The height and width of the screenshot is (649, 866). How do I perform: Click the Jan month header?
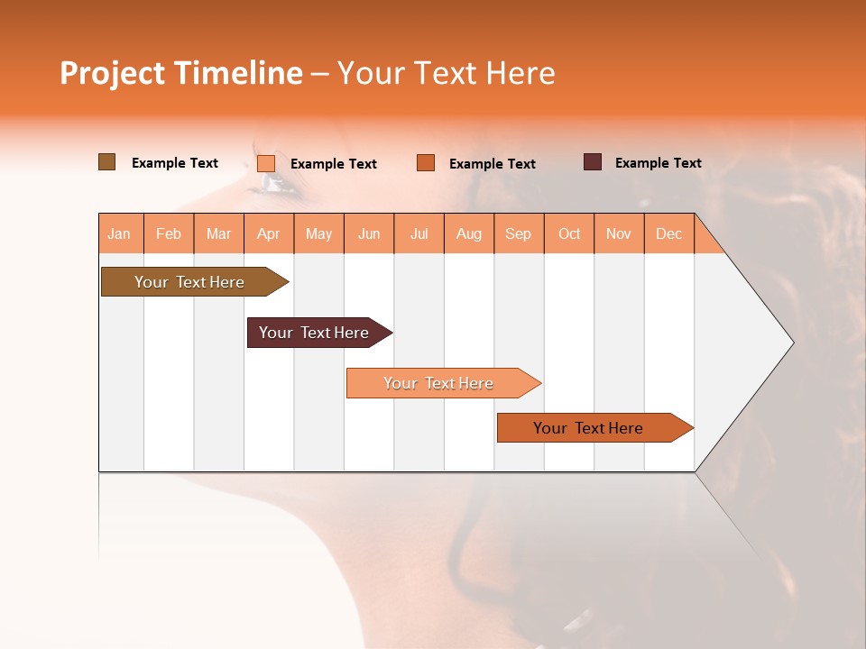(119, 234)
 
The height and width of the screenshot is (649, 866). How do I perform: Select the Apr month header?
(268, 234)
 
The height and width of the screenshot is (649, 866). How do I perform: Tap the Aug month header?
(468, 234)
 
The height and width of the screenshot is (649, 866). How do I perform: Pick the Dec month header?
(668, 234)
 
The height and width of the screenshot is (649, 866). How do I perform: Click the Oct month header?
(569, 234)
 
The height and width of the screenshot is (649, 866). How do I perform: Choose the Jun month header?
(368, 234)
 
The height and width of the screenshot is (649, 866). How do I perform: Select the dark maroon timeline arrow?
(316, 333)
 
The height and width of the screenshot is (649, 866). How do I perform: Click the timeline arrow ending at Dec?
(591, 428)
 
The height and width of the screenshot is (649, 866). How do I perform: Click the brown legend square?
(106, 162)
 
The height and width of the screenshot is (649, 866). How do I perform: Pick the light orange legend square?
(265, 163)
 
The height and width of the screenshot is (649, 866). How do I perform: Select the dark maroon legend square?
(592, 162)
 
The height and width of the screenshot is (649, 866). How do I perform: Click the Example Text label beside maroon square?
(658, 163)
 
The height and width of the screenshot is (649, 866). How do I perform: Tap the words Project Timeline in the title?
(180, 73)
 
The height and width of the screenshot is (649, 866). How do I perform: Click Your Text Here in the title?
(447, 73)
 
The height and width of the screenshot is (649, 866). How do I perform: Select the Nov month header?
(618, 234)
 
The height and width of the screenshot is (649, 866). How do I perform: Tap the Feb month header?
(168, 234)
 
